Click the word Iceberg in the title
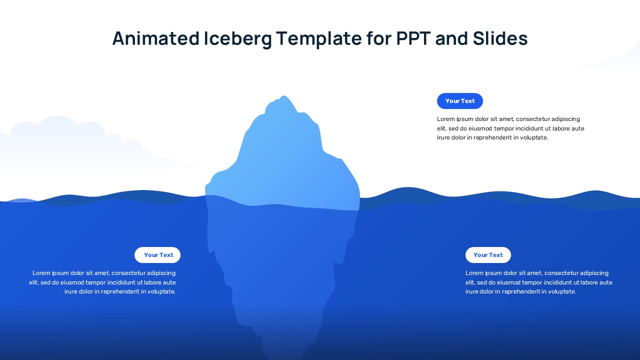pyautogui.click(x=237, y=38)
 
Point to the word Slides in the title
pyautogui.click(x=499, y=38)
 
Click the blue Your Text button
pyautogui.click(x=460, y=101)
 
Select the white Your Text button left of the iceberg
pyautogui.click(x=157, y=255)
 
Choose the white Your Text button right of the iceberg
pyautogui.click(x=488, y=255)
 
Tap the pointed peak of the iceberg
pyautogui.click(x=284, y=96)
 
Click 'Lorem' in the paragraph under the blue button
pyautogui.click(x=446, y=119)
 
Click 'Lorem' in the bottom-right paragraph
pyautogui.click(x=474, y=273)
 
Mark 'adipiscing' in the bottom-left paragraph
pyautogui.click(x=161, y=273)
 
